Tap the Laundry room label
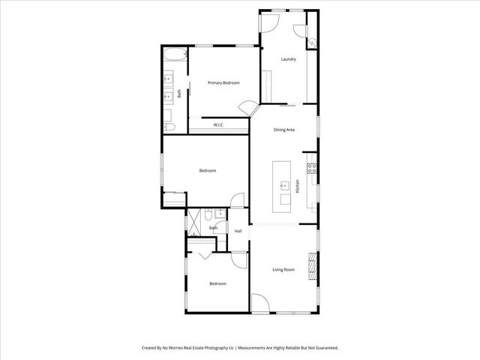click(x=288, y=59)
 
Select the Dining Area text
click(x=283, y=130)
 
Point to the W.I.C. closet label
click(x=219, y=124)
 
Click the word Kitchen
click(x=298, y=187)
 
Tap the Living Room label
click(x=283, y=269)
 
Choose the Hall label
click(x=238, y=231)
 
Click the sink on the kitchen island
click(x=285, y=185)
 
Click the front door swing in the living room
click(x=259, y=303)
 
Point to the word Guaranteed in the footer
click(x=322, y=348)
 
